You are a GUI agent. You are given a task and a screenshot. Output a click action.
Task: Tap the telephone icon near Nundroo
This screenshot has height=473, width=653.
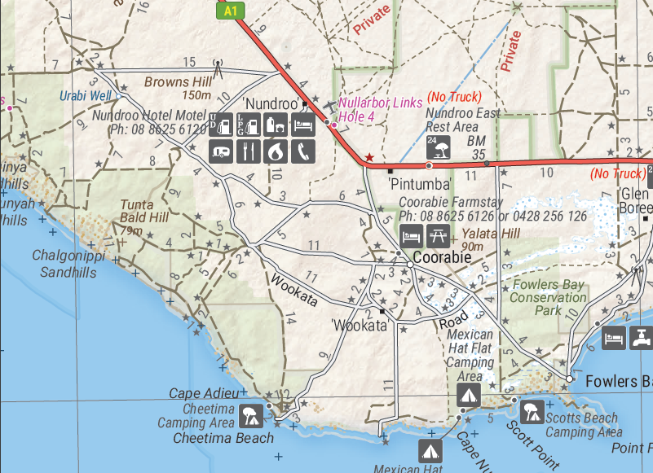pos(304,151)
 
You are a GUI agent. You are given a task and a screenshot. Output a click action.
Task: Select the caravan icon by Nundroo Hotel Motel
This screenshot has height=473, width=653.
pos(222,151)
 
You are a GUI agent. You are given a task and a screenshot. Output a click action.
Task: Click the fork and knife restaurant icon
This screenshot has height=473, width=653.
pos(249,151)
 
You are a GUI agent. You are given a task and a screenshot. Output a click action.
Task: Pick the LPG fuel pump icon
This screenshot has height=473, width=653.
pos(249,125)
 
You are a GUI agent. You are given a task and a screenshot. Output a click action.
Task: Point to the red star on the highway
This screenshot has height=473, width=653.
pos(369,157)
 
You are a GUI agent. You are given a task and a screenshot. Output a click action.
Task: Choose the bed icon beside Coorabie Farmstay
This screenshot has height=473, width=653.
pos(411,237)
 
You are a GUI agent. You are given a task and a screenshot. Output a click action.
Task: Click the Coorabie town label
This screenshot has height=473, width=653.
pos(442,257)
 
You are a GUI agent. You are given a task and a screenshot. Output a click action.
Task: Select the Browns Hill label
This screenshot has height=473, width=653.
pos(178,81)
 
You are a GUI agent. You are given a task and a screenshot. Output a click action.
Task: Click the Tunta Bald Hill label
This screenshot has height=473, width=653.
pos(144,212)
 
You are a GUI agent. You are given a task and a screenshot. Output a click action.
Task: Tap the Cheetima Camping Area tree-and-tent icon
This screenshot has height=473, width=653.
pos(250,416)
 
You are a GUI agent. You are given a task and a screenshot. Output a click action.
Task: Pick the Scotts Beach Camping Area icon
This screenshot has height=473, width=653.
pos(532,411)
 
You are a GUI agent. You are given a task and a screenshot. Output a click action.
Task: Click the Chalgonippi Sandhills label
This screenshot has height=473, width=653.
pos(64,262)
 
